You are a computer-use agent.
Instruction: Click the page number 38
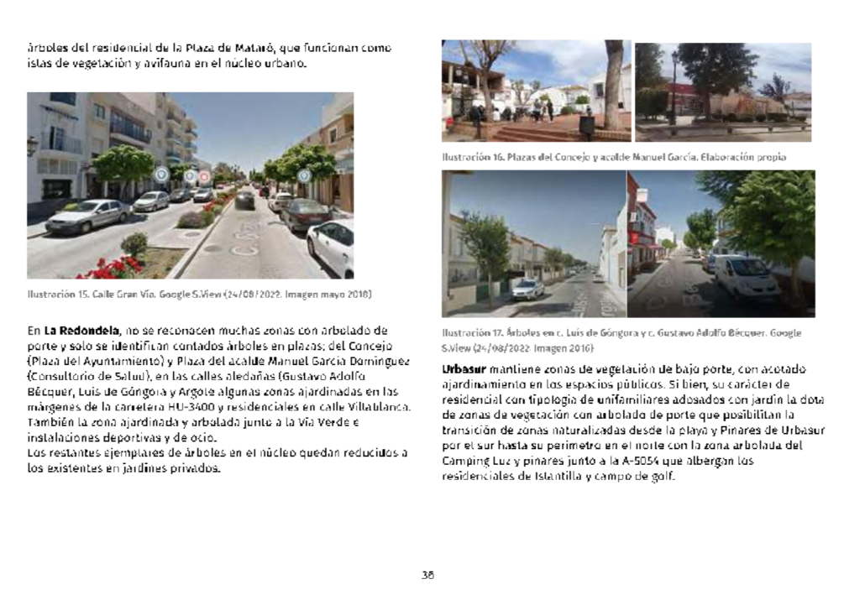click(x=427, y=575)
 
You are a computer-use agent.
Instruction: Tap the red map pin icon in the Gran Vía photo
click(x=204, y=176)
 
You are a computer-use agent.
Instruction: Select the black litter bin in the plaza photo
click(x=587, y=125)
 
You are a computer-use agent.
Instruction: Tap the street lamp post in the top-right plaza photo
click(x=673, y=87)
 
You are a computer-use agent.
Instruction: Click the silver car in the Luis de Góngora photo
click(x=527, y=290)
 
